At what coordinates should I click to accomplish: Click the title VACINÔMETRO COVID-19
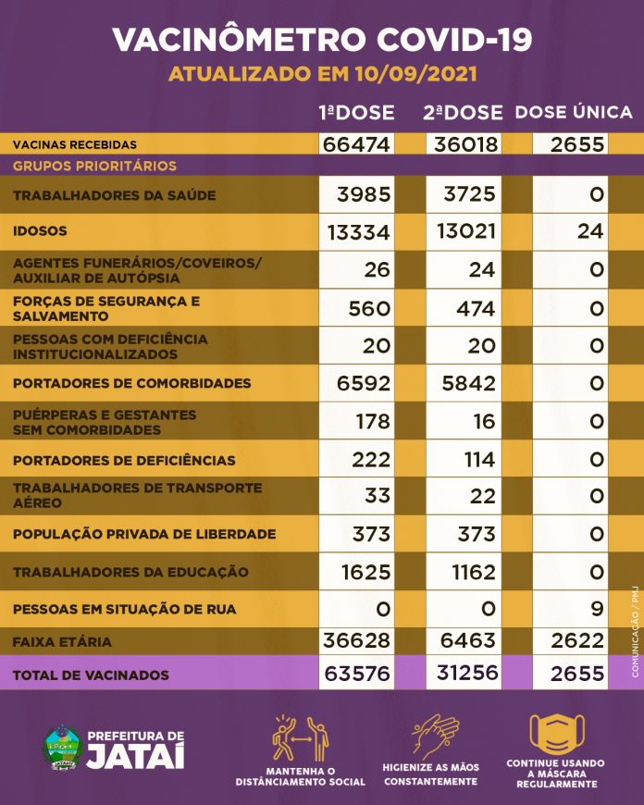click(x=322, y=39)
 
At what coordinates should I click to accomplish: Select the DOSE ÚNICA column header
click(x=574, y=113)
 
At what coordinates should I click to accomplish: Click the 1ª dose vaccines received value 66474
click(x=357, y=145)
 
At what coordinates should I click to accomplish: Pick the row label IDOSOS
click(x=41, y=230)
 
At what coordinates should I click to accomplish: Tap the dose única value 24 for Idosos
click(x=589, y=230)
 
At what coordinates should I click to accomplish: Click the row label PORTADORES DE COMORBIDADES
click(x=132, y=383)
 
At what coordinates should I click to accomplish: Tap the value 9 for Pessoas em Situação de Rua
click(x=596, y=609)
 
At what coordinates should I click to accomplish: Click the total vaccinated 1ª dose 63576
click(x=357, y=675)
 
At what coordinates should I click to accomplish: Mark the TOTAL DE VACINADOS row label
click(x=91, y=675)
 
